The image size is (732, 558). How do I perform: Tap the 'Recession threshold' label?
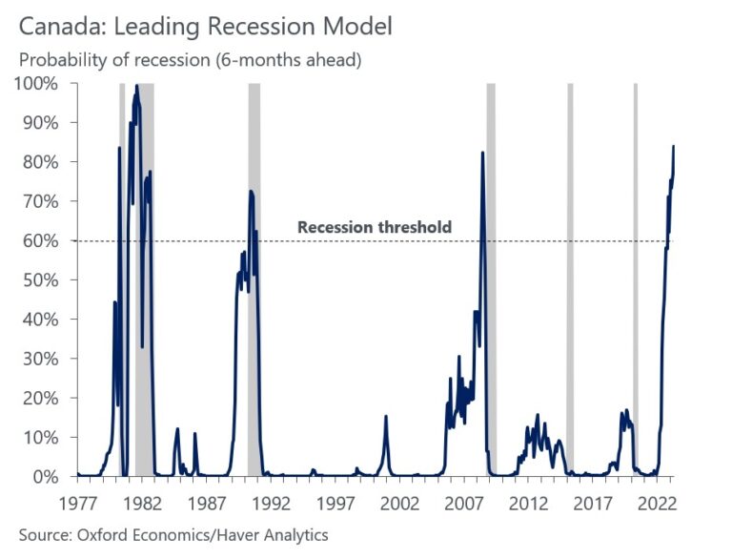coord(374,227)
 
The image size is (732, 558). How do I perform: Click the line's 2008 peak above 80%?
coord(482,153)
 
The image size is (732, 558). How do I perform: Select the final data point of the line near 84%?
coord(673,146)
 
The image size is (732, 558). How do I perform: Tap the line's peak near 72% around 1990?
coord(251,192)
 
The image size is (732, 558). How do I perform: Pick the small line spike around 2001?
coord(386,416)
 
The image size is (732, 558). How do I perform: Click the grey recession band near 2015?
coord(570,286)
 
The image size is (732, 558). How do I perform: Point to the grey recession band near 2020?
coord(636,286)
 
